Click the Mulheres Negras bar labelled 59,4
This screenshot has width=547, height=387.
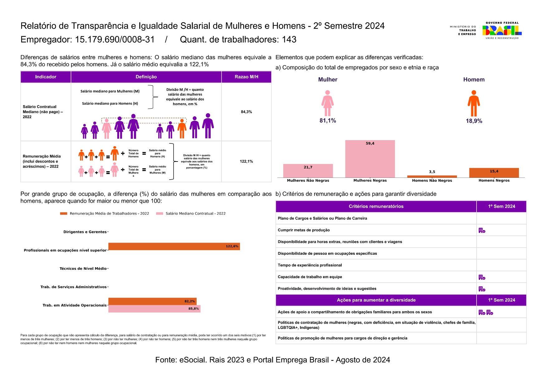coord(370,159)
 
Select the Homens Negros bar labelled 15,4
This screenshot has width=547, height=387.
coord(494,173)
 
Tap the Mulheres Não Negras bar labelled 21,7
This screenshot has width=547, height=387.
coord(308,171)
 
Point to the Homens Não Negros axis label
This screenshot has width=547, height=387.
coord(432,181)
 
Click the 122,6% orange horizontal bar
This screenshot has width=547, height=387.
coord(174,246)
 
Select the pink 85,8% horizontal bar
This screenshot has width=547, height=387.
coord(154,309)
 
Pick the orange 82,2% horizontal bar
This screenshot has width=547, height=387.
coord(152,301)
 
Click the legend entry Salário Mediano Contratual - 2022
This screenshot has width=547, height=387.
coord(195,214)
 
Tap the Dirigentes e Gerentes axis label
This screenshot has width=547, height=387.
coord(85,232)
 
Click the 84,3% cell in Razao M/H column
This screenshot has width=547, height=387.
coord(246,112)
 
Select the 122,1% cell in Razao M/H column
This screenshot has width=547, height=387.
coord(246,162)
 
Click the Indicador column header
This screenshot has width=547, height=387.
coord(46,77)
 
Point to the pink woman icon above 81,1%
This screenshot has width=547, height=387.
coord(328,103)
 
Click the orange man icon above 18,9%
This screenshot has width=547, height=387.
coord(473,103)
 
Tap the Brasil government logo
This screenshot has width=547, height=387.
coord(502,30)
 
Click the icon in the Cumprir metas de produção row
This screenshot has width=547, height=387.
coord(482,230)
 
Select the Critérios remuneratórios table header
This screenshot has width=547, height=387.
coord(376,206)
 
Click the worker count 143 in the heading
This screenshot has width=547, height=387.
coord(289,40)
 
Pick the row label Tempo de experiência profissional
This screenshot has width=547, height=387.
coord(310,265)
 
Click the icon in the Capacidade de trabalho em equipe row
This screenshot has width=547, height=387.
coord(482,277)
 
